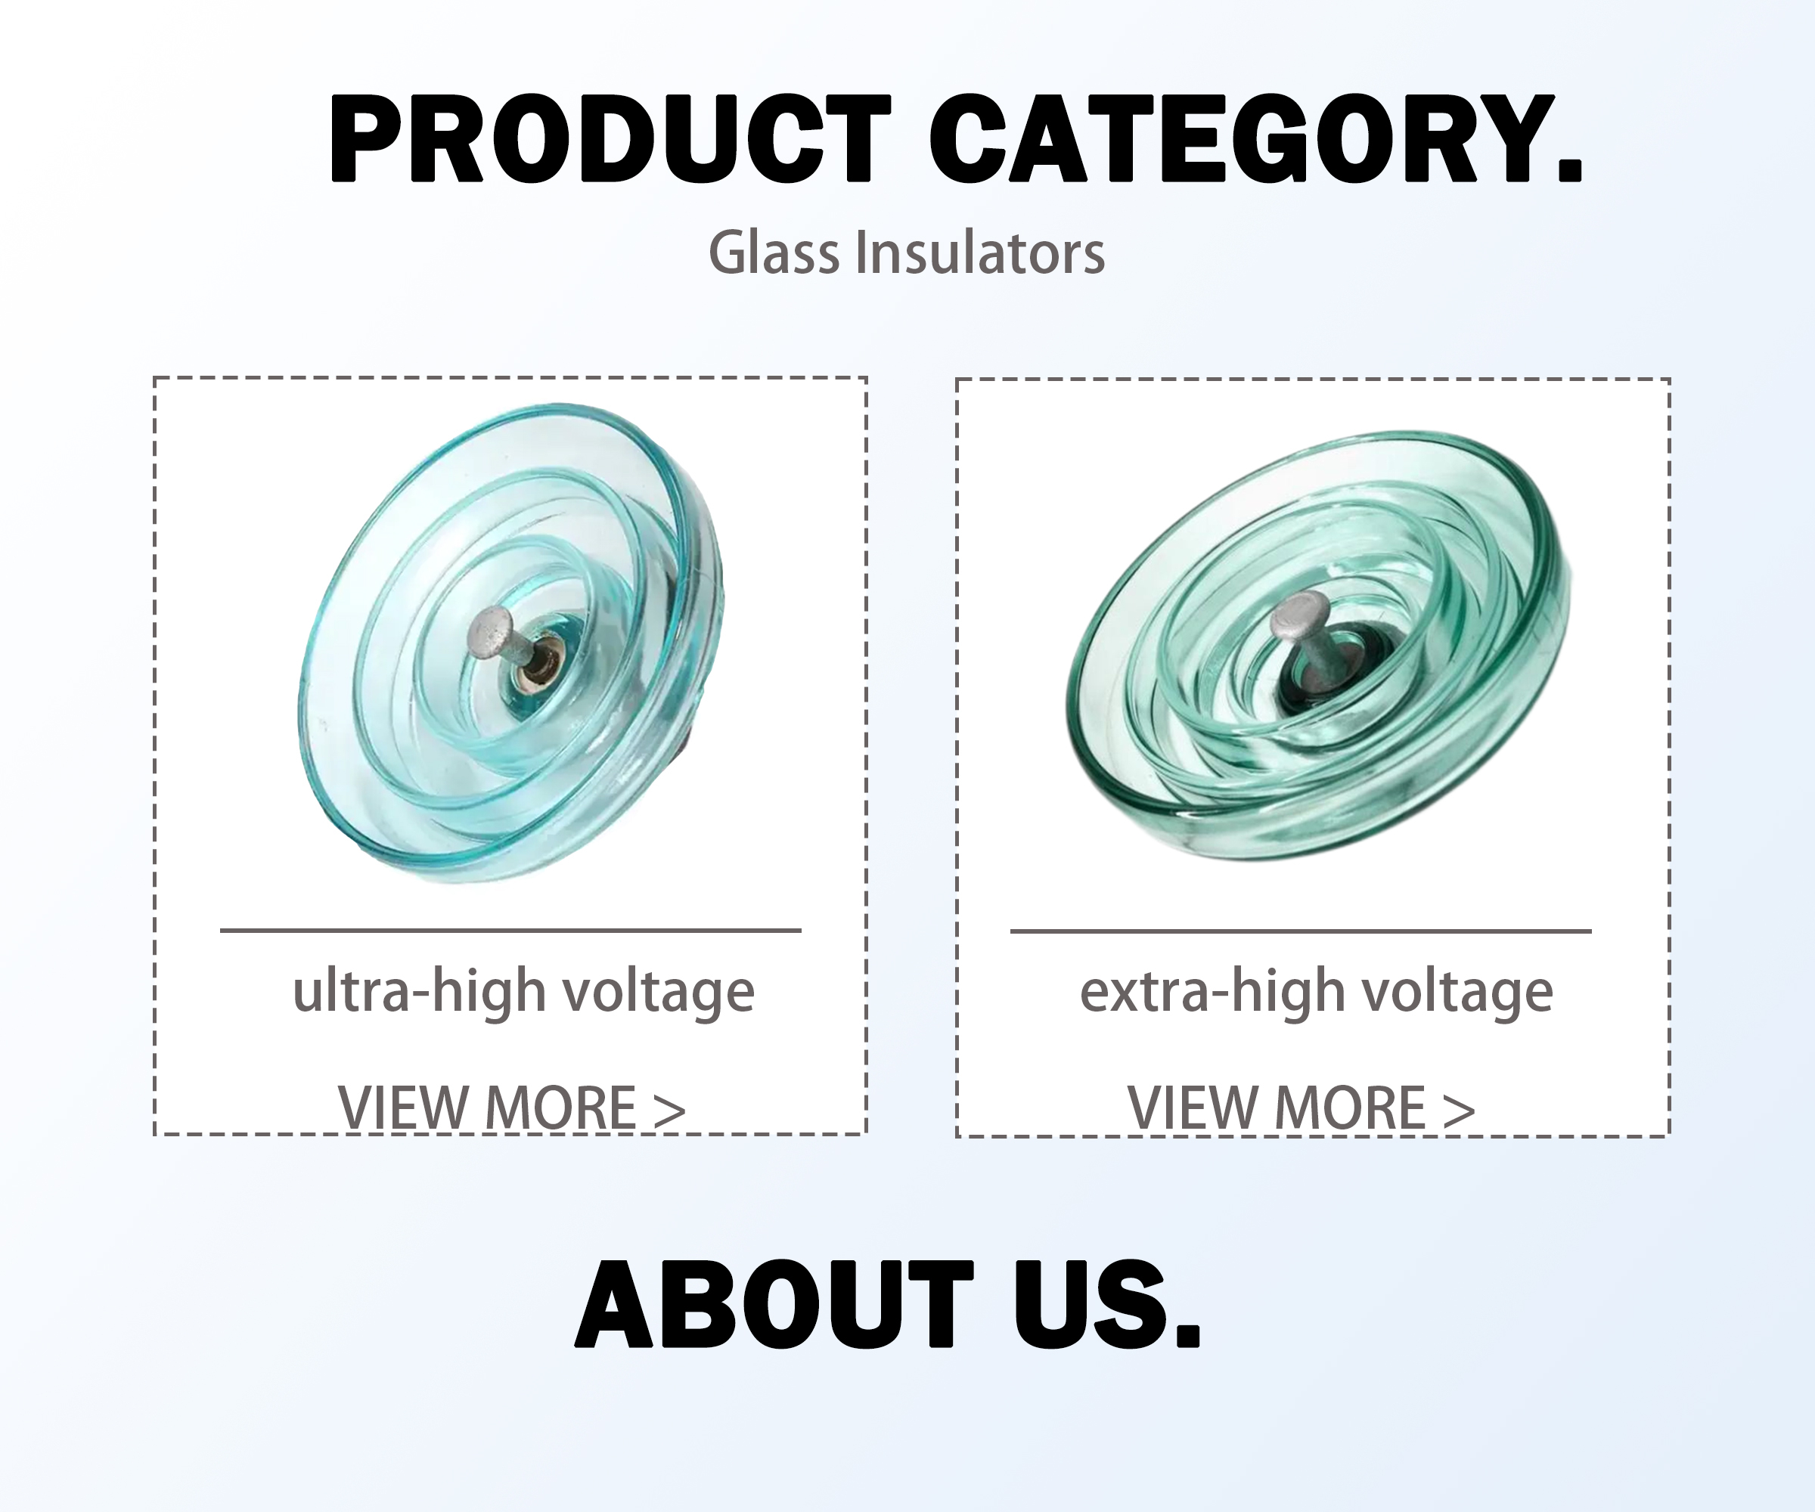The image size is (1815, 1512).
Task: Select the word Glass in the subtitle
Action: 774,253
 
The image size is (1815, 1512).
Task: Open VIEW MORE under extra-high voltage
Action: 1302,1108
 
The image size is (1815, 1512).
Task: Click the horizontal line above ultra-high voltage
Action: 510,931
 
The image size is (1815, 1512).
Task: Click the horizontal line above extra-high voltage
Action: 1301,931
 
